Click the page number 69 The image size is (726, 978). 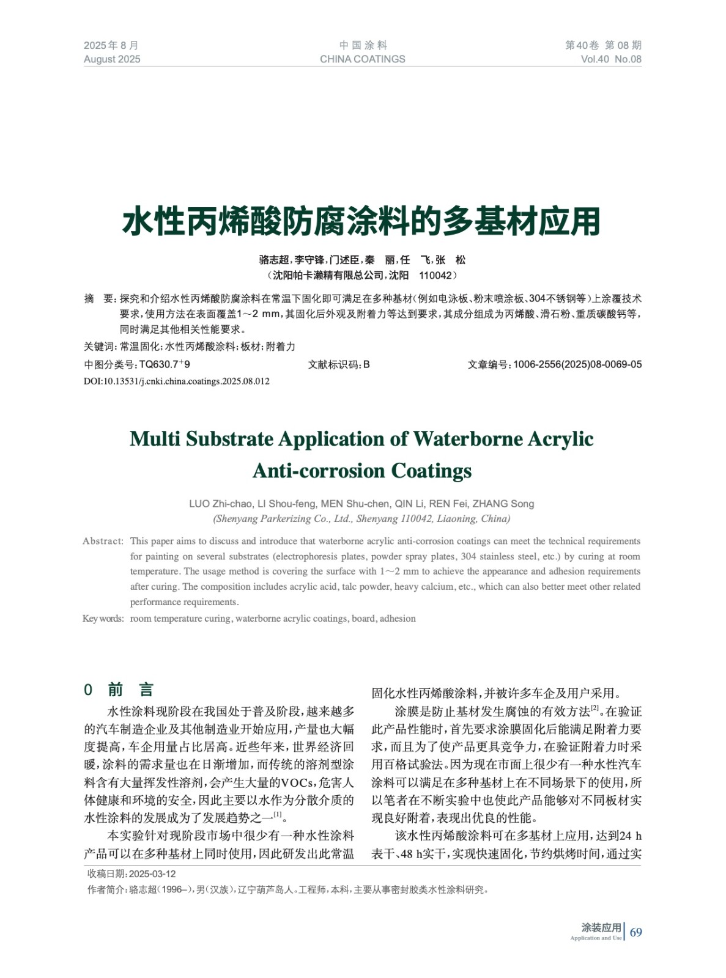tap(635, 932)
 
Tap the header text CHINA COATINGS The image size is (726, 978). tap(362, 59)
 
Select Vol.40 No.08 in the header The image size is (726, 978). tap(610, 59)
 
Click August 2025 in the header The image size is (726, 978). tap(112, 59)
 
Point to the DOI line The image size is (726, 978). tap(177, 381)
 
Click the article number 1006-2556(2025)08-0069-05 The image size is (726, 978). tap(577, 364)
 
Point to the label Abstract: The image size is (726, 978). tap(103, 541)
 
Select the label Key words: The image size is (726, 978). tap(103, 619)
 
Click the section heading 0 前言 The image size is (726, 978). tap(119, 690)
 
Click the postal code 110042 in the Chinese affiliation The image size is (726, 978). tap(435, 276)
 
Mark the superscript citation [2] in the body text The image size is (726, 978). tap(595, 709)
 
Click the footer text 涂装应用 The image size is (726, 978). tap(601, 928)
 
